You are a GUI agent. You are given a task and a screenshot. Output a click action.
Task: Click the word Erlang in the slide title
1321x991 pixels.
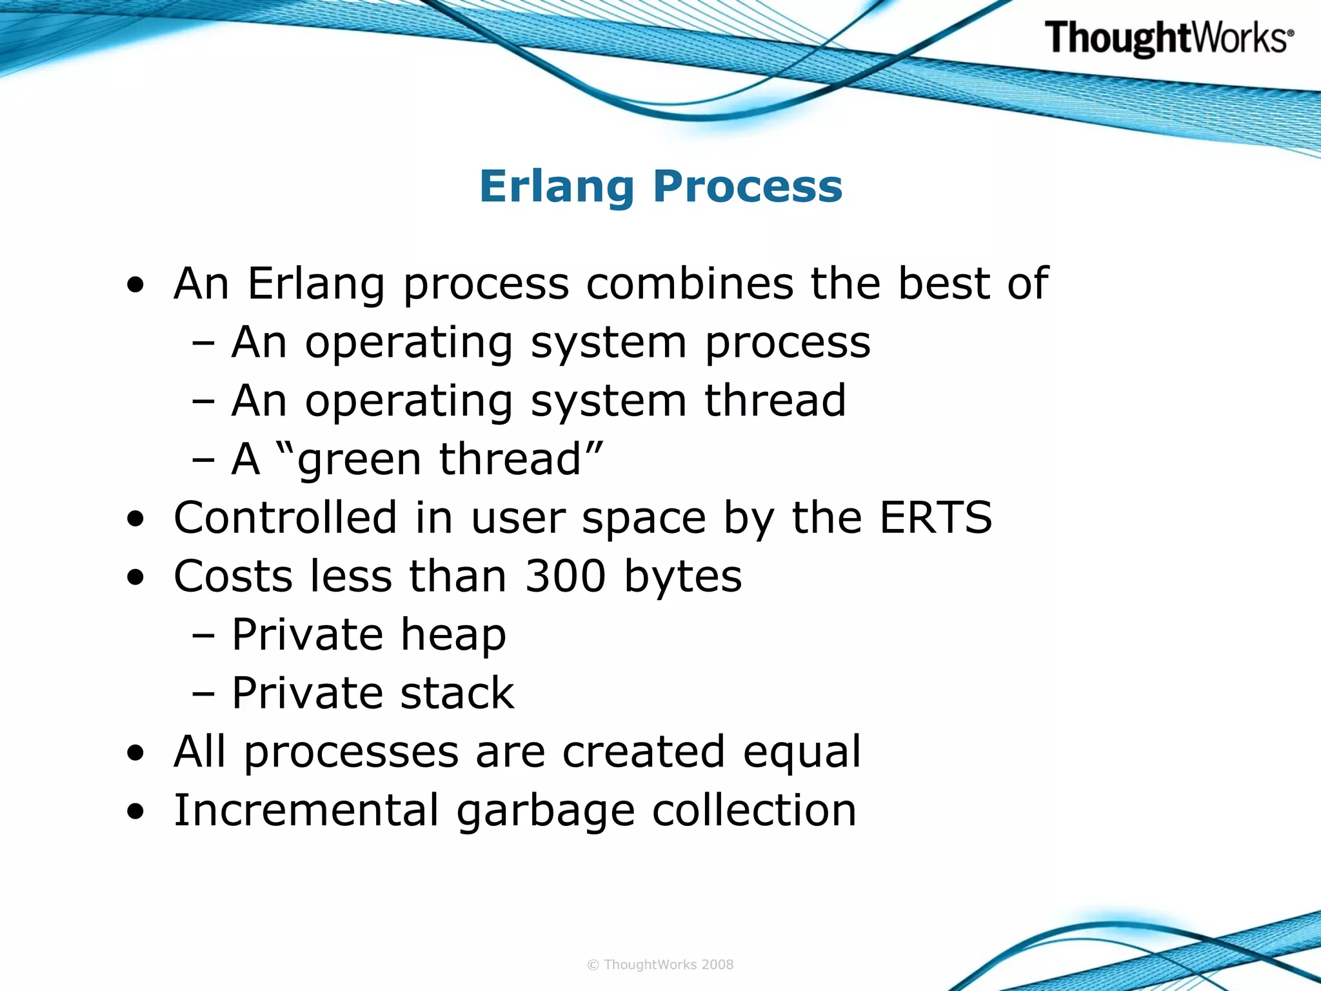pos(557,186)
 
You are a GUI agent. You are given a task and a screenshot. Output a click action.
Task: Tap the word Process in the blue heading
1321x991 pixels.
pos(748,186)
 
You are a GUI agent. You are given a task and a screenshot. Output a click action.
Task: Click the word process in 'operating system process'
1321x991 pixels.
pos(788,343)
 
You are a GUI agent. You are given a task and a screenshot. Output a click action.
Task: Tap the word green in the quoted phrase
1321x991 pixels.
pos(359,461)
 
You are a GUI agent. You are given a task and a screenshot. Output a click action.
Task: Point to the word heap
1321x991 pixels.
pos(453,636)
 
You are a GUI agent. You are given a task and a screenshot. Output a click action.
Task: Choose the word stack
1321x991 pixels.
pos(457,694)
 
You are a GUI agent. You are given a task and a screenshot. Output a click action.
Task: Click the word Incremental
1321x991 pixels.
pos(306,810)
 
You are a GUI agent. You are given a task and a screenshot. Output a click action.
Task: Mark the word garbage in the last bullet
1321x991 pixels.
pos(546,812)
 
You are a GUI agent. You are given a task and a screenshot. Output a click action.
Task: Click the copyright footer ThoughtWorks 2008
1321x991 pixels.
pos(660,965)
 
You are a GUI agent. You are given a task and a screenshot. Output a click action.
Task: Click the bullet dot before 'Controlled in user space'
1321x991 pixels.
pos(135,519)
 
